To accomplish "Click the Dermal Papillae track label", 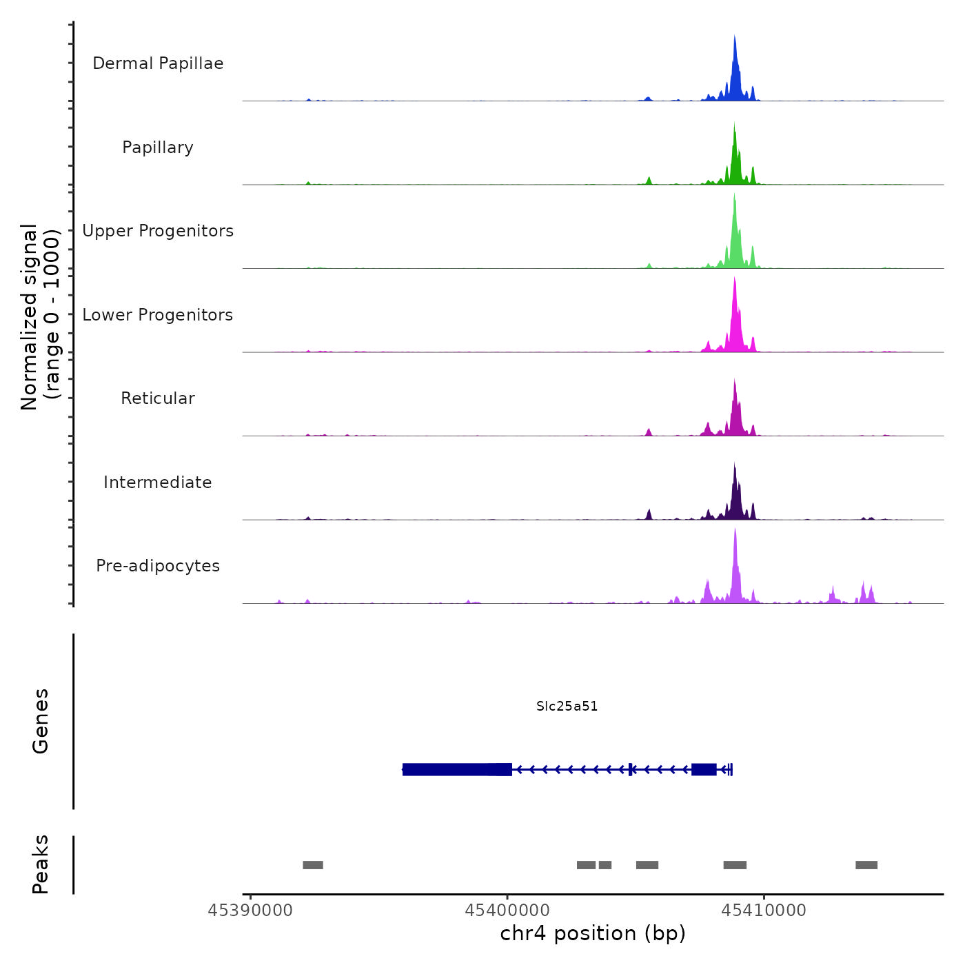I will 158,63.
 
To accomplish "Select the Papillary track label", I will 158,148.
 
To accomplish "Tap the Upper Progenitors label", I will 158,231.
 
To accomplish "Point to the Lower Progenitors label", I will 158,315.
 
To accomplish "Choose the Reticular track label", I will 158,398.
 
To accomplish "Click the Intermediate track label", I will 158,482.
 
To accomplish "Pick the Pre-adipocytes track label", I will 158,566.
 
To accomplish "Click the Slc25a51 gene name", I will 567,706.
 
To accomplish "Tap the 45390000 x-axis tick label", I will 250,911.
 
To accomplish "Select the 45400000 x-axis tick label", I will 507,911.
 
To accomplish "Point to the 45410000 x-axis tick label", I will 764,911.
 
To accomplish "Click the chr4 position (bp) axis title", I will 593,933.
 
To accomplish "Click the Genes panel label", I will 41,721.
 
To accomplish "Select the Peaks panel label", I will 41,864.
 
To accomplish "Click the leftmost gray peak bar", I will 313,865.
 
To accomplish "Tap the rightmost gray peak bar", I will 866,865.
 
